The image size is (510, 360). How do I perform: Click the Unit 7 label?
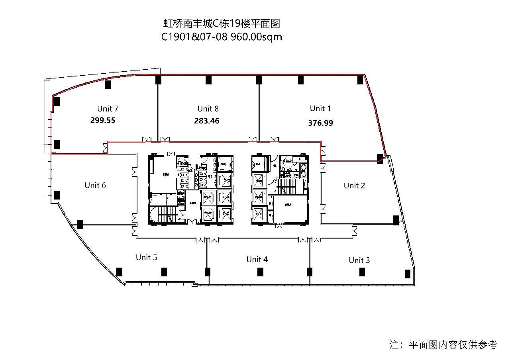[108, 108]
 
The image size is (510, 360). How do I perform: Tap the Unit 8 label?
[208, 108]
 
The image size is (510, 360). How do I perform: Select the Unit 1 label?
[320, 108]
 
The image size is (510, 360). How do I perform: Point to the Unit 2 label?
[354, 186]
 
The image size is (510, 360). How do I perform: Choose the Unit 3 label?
[359, 260]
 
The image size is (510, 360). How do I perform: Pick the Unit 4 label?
[257, 259]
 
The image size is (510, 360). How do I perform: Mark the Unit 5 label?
[146, 257]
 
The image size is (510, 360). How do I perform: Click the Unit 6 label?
[95, 185]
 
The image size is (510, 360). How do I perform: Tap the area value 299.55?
[103, 120]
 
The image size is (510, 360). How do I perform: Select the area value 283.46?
[207, 121]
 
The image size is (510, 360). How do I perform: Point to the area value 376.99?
[320, 123]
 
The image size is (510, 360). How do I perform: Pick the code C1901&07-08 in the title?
[194, 37]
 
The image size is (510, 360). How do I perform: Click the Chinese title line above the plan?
[222, 23]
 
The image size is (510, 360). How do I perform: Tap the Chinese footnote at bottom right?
[443, 344]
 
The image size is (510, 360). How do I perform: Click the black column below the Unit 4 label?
[260, 272]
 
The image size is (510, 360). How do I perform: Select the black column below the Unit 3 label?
[362, 272]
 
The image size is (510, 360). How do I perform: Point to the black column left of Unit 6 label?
[57, 195]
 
